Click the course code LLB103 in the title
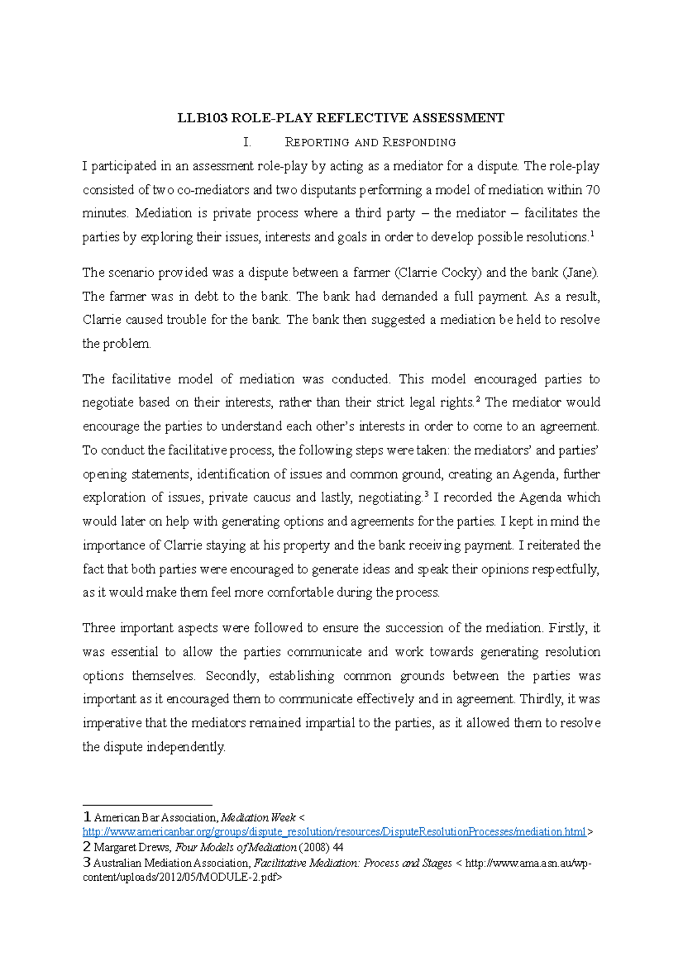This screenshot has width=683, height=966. [x=203, y=118]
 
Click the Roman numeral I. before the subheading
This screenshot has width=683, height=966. [x=247, y=142]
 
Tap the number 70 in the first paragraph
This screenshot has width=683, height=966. [x=593, y=189]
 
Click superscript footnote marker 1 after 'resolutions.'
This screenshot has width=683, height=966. [x=593, y=234]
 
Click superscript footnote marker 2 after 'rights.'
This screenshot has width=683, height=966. [x=478, y=400]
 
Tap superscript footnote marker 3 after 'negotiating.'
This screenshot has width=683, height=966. [x=426, y=494]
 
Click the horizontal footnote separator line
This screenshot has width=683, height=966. [x=147, y=805]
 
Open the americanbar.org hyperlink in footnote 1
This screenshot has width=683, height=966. [x=334, y=832]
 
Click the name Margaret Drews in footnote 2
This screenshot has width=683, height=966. [x=132, y=847]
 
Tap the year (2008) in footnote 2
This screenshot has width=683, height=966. [x=315, y=847]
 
